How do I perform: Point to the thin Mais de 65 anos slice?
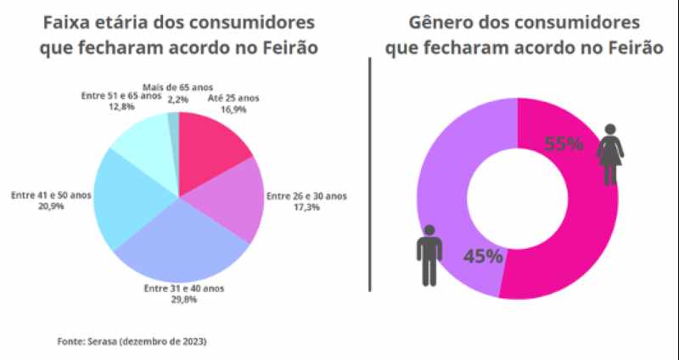click(174, 127)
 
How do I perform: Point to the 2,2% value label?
click(177, 98)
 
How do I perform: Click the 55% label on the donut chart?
click(563, 143)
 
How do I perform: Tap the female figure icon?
click(611, 154)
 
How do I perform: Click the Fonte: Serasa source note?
click(132, 341)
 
